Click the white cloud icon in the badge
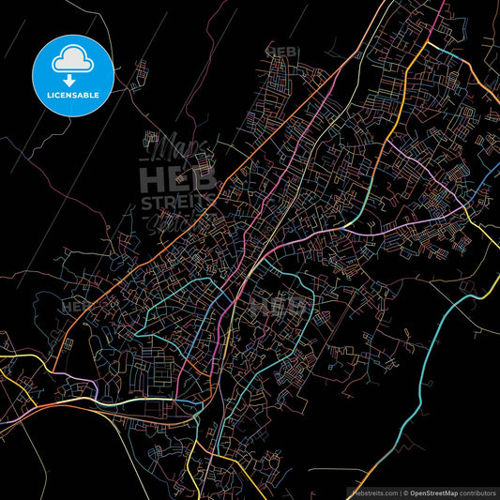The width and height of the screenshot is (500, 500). click(73, 58)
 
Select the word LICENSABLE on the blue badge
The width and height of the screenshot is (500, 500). click(73, 96)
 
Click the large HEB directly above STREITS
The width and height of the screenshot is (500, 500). click(178, 178)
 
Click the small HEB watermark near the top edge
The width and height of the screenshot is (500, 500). click(280, 51)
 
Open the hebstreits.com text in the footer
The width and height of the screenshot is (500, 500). click(374, 492)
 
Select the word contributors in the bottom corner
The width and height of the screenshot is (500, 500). click(477, 492)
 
